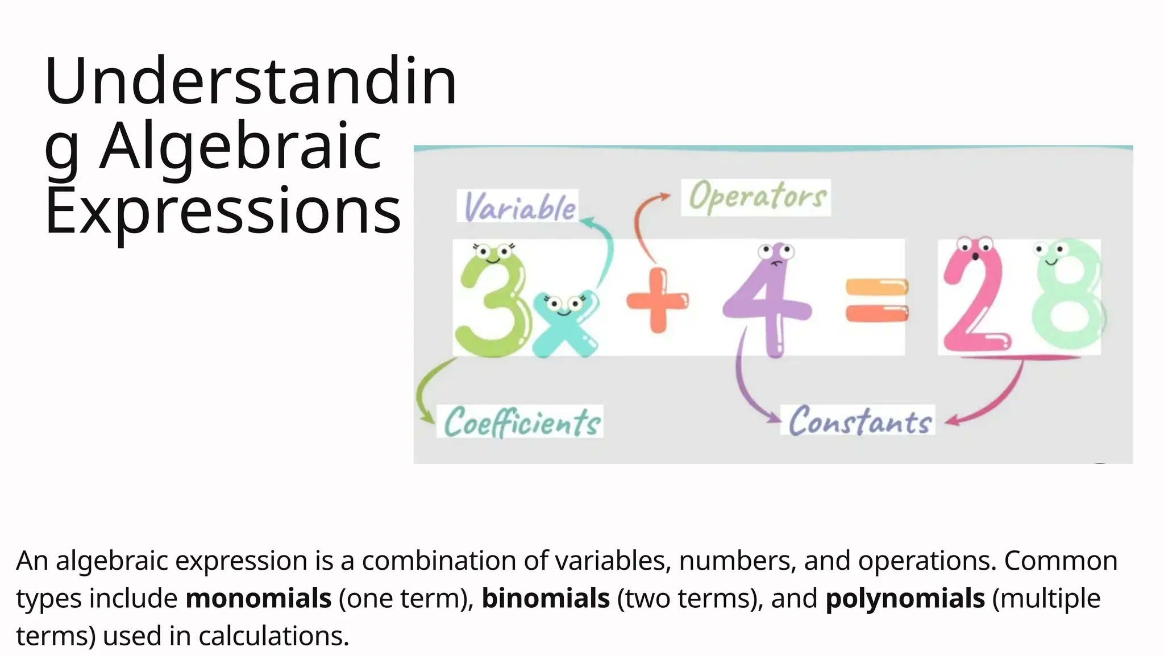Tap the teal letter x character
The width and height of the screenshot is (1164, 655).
tap(565, 325)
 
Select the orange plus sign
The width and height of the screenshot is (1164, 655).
tap(658, 300)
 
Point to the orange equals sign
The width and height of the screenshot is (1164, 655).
tap(876, 300)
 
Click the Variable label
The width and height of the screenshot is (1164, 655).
tap(518, 206)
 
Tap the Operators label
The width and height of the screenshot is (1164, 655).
tap(756, 197)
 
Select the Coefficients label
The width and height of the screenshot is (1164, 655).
tap(521, 422)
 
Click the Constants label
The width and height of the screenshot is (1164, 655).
tap(858, 421)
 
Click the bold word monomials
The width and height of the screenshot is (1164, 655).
tap(259, 599)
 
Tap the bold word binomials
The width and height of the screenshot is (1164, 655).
tap(546, 599)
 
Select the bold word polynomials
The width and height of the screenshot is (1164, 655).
tap(905, 599)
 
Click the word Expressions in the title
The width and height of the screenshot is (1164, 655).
tap(223, 212)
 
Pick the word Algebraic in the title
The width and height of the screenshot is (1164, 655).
tap(241, 147)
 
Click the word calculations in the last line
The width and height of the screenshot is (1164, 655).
tap(273, 636)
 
